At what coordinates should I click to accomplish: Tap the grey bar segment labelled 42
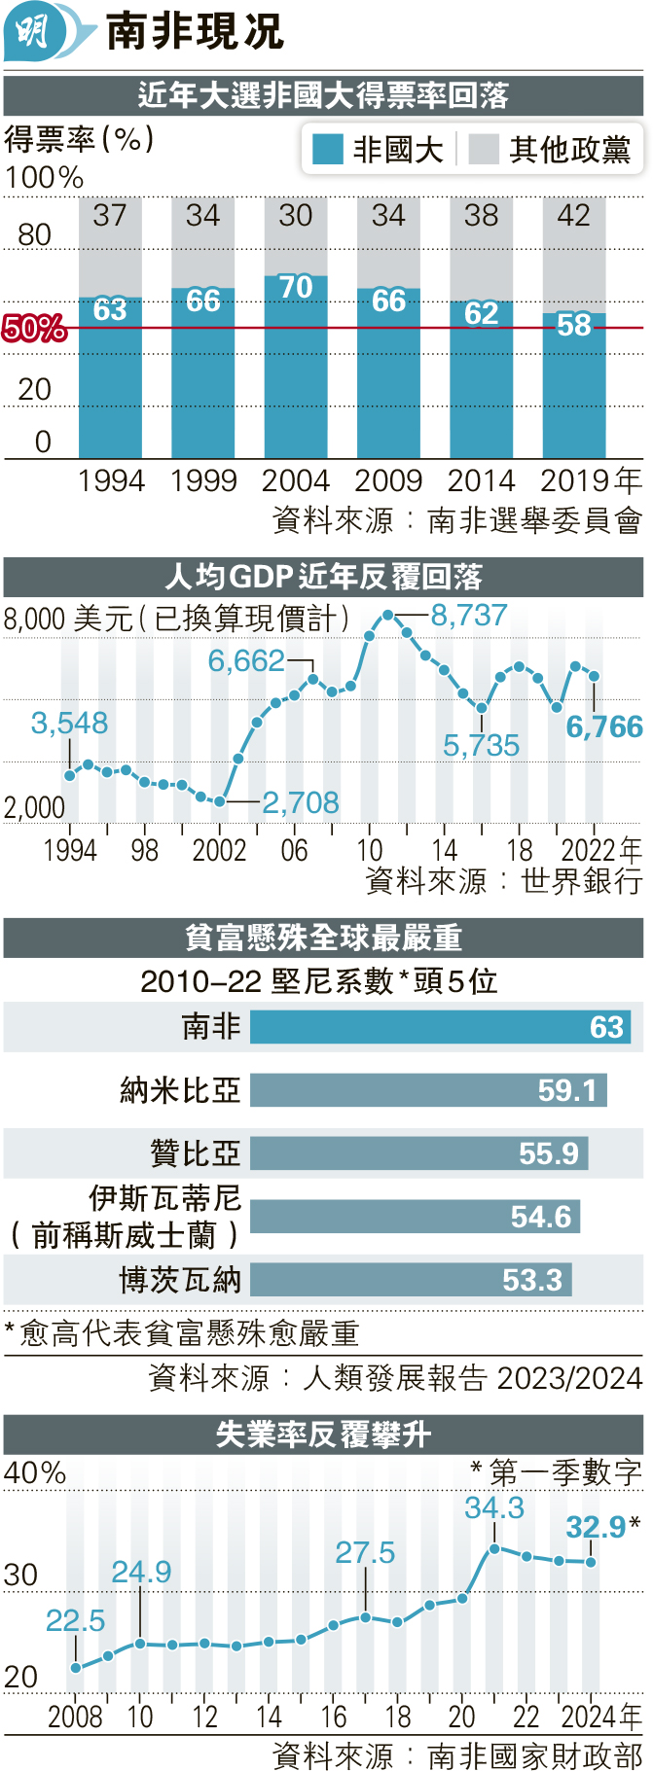[x=574, y=253]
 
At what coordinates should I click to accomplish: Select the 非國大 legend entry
[x=378, y=150]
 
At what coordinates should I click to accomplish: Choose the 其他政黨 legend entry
[x=550, y=150]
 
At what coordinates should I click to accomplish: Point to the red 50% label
[x=34, y=329]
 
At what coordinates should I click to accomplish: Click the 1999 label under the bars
[x=203, y=480]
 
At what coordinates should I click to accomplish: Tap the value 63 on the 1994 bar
[x=110, y=309]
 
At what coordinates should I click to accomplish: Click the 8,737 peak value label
[x=469, y=616]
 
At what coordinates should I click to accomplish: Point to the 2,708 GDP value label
[x=301, y=802]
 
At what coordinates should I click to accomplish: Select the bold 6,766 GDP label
[x=604, y=726]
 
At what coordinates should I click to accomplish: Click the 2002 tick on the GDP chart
[x=219, y=850]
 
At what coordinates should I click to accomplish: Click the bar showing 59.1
[x=428, y=1090]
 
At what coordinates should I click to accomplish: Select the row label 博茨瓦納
[x=180, y=1280]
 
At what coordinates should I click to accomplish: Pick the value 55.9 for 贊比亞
[x=549, y=1153]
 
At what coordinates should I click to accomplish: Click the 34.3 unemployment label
[x=494, y=1507]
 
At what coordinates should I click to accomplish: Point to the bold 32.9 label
[x=596, y=1527]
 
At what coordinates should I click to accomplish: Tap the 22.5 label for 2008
[x=76, y=1620]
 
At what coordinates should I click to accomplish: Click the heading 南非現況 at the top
[x=195, y=32]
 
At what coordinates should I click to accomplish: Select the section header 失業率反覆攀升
[x=323, y=1434]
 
